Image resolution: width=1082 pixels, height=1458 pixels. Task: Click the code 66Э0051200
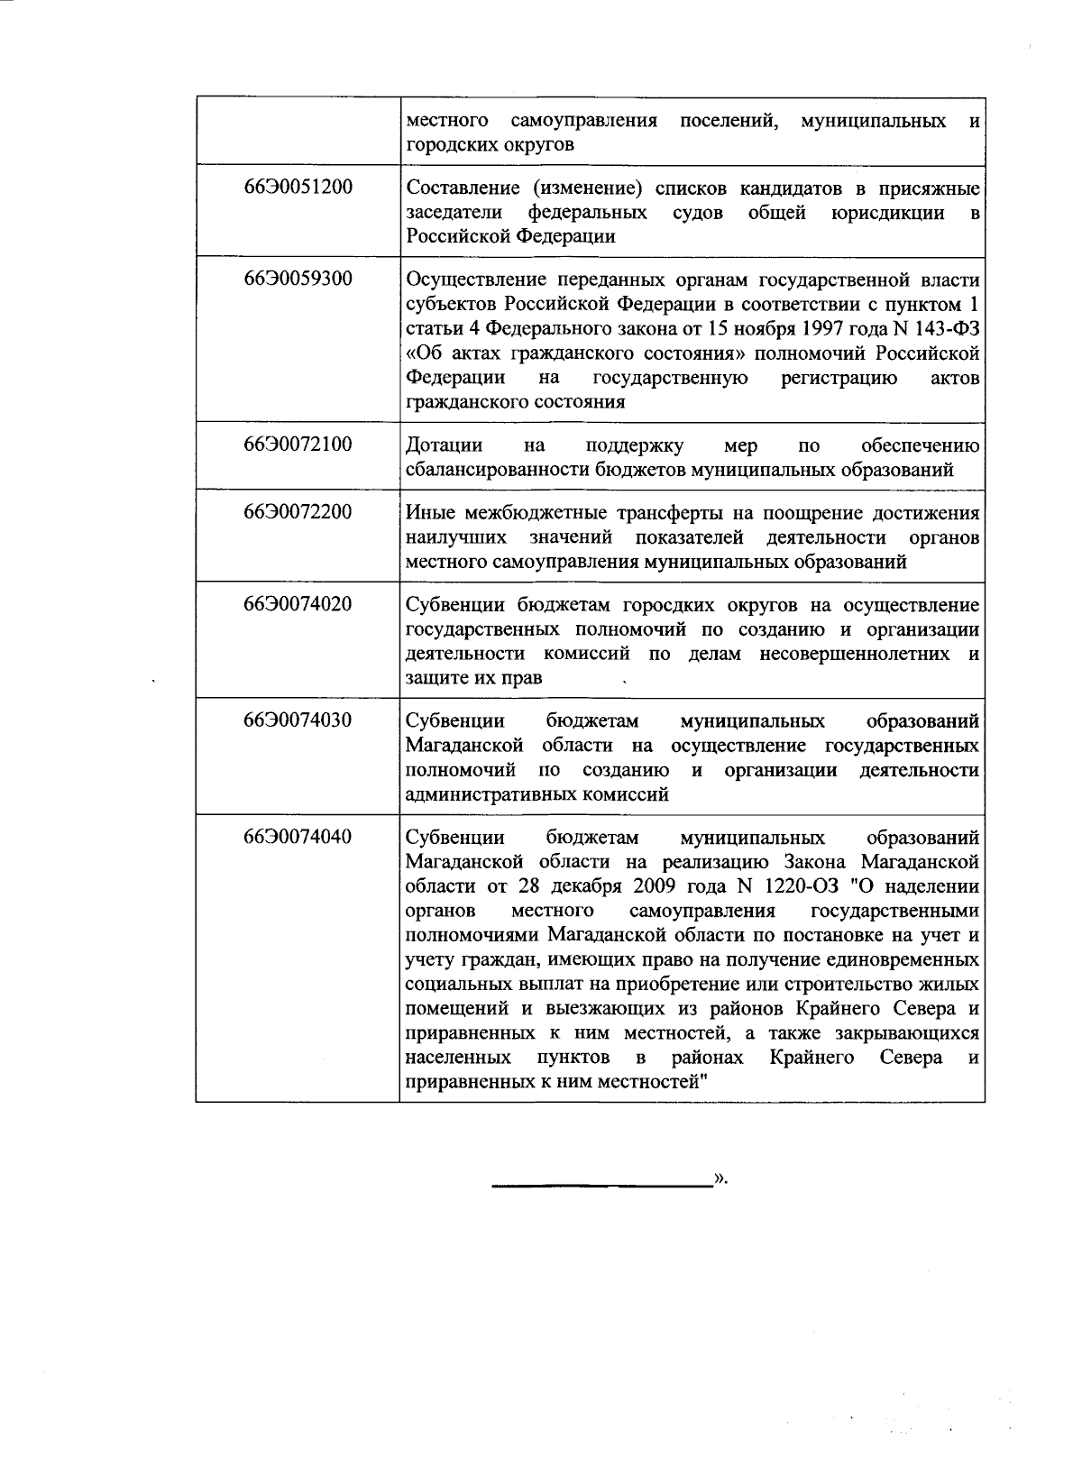click(x=298, y=188)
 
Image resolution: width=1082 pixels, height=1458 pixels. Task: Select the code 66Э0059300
click(x=298, y=279)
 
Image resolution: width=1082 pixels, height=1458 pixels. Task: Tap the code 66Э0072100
click(x=298, y=445)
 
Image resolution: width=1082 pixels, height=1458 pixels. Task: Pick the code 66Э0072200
click(x=298, y=512)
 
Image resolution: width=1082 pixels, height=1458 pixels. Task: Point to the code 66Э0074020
click(x=298, y=604)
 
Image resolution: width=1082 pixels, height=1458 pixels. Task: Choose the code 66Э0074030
click(x=298, y=720)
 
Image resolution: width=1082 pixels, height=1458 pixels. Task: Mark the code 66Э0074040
click(x=298, y=837)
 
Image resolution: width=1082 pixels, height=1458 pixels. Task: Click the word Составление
click(x=460, y=188)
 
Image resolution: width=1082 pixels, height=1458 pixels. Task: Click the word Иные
click(x=432, y=513)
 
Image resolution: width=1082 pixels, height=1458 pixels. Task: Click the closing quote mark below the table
click(x=720, y=1178)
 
